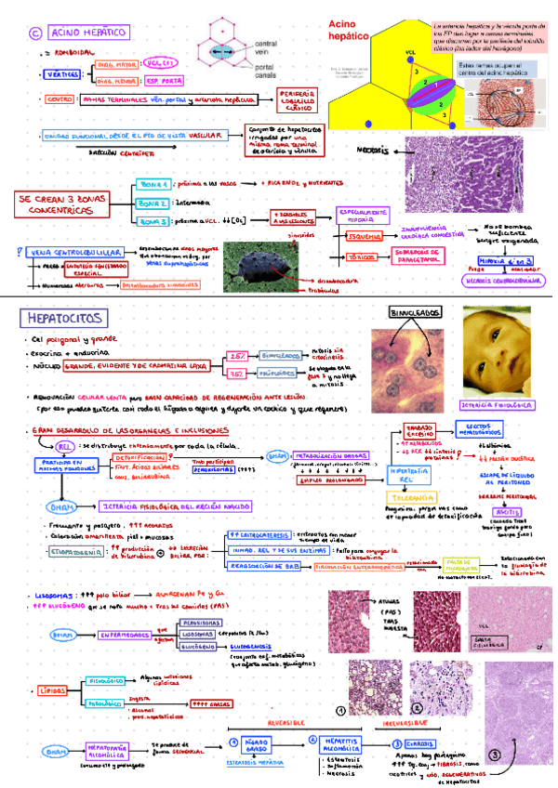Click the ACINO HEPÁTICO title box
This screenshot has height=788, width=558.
point(86,33)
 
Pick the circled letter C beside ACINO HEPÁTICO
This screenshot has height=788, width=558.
point(36,33)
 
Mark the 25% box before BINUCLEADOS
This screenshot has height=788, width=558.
point(236,356)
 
